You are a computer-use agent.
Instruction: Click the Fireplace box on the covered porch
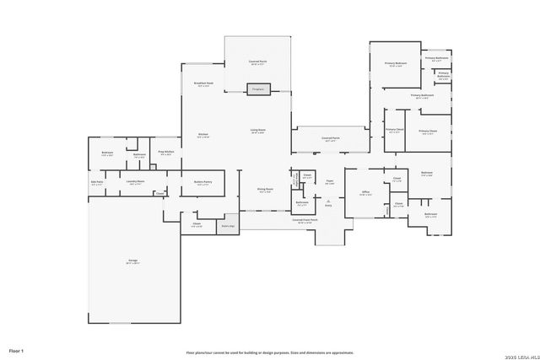(x=258, y=89)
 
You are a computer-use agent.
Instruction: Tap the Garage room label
(x=134, y=262)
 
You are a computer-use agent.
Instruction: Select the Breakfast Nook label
(x=203, y=84)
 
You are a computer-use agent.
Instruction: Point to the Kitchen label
(x=203, y=135)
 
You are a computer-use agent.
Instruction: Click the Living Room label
(x=257, y=131)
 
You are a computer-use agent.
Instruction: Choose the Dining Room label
(x=265, y=190)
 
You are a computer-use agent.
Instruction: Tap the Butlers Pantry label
(x=202, y=182)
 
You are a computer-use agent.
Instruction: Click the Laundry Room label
(x=135, y=182)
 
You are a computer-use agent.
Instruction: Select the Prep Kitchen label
(x=166, y=153)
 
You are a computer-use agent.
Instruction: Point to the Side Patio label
(x=97, y=182)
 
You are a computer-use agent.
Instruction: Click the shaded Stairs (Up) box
(x=227, y=226)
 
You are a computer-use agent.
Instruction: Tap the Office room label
(x=366, y=193)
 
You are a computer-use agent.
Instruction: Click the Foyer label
(x=330, y=182)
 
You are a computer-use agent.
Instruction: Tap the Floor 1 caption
(x=16, y=350)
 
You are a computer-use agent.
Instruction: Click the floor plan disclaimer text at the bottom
(x=270, y=352)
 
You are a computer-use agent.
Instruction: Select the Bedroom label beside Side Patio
(x=107, y=153)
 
